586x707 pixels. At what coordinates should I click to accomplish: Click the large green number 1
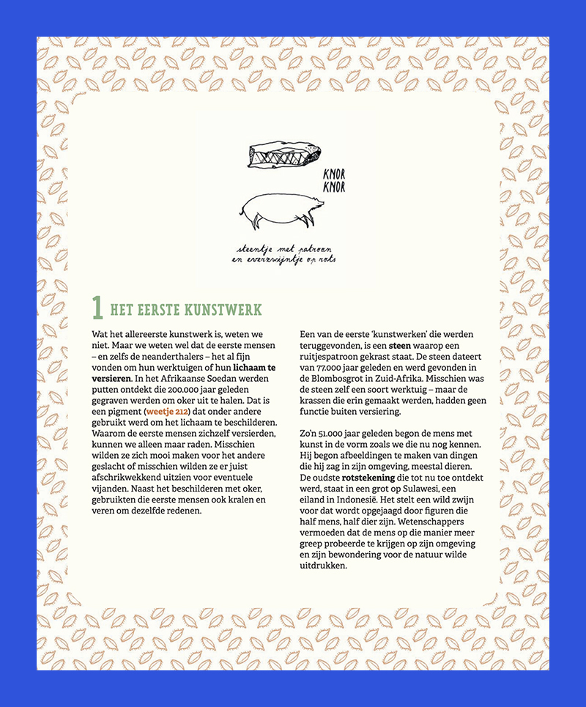97,308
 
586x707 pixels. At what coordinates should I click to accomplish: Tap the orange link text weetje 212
167,412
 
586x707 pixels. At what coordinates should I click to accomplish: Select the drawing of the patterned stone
278,155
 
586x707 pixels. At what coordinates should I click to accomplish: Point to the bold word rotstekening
371,477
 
